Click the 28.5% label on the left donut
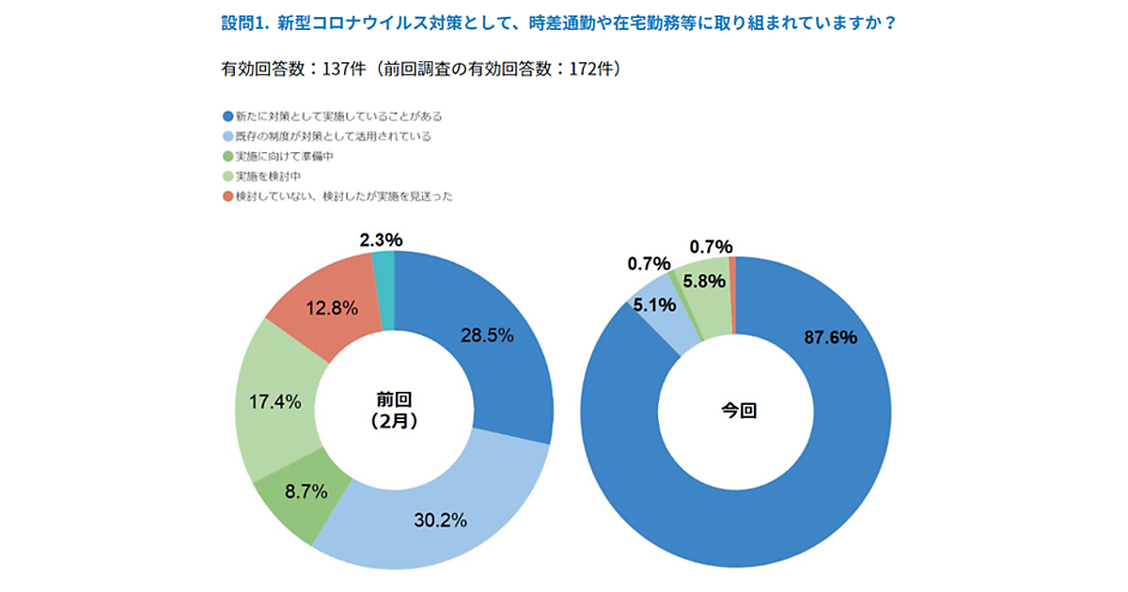[x=486, y=336]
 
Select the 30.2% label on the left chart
[x=440, y=520]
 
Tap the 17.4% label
[x=274, y=402]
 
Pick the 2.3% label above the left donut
[x=381, y=241]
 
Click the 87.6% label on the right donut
[x=830, y=337]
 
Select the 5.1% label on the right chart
[x=653, y=304]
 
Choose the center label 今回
[x=738, y=411]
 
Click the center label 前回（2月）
[x=394, y=411]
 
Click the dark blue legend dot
[x=227, y=117]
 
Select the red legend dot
[x=227, y=196]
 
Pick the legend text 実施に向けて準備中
[x=285, y=157]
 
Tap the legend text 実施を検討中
[x=268, y=177]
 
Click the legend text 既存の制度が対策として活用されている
[x=333, y=137]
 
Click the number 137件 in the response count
[x=342, y=70]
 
